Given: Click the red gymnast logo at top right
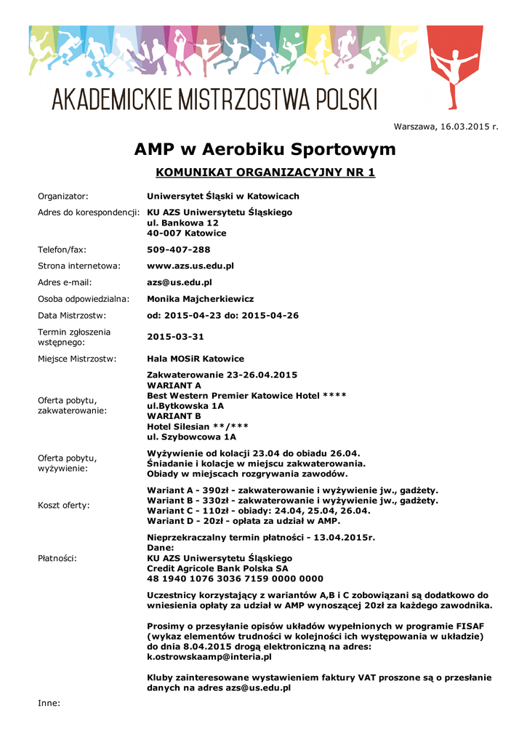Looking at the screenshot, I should pos(455,66).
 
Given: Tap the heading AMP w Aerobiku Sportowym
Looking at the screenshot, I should pos(265,150).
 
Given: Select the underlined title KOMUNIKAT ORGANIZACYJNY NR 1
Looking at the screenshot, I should pos(265,173).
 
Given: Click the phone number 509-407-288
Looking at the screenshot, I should pos(179,250).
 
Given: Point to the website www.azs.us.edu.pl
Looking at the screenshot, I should pos(190,266).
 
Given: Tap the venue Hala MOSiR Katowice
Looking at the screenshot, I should pos(196,359).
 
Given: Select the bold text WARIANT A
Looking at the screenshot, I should pos(174,385).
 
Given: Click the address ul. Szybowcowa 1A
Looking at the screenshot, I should pos(192,437).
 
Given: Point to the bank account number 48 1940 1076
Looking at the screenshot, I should pos(235,579).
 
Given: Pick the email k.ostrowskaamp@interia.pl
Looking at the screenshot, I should pos(209,657).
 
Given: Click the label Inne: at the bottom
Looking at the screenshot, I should pos(49,704).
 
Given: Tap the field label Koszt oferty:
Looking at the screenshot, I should pos(64,505).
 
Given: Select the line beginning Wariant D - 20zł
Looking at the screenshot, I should pos(244,521).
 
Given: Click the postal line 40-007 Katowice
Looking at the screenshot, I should pos(187,234).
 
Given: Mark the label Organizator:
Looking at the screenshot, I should pos(63,196).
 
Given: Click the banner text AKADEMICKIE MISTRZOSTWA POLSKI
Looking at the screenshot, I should pos(214,98).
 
